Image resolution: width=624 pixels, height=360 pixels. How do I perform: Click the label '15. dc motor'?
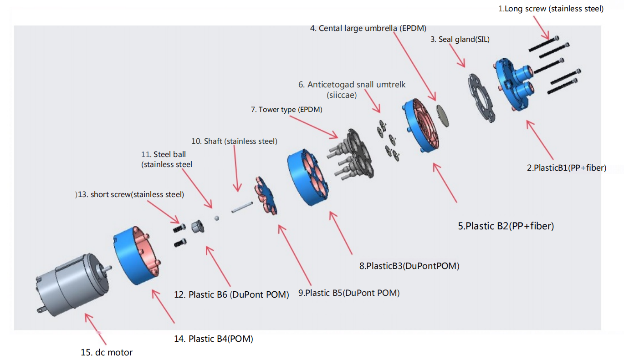point(107,352)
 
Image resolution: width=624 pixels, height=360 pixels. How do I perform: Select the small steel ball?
point(217,218)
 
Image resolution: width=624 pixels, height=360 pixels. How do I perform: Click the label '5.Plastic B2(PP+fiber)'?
point(506,225)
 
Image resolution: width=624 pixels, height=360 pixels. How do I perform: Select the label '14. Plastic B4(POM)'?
point(214,339)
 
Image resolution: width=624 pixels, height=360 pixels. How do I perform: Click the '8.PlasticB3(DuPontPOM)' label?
point(409,266)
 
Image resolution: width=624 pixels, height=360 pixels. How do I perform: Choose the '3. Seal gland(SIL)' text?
point(460,40)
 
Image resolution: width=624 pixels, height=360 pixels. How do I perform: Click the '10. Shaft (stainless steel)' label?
point(234,141)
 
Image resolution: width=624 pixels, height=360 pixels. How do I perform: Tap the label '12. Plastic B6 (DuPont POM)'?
point(231,294)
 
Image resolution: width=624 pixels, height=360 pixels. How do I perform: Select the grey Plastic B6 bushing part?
point(197,226)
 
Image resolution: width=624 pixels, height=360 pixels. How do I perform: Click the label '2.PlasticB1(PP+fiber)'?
point(567,168)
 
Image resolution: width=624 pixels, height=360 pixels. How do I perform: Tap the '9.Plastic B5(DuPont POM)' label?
point(349,293)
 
